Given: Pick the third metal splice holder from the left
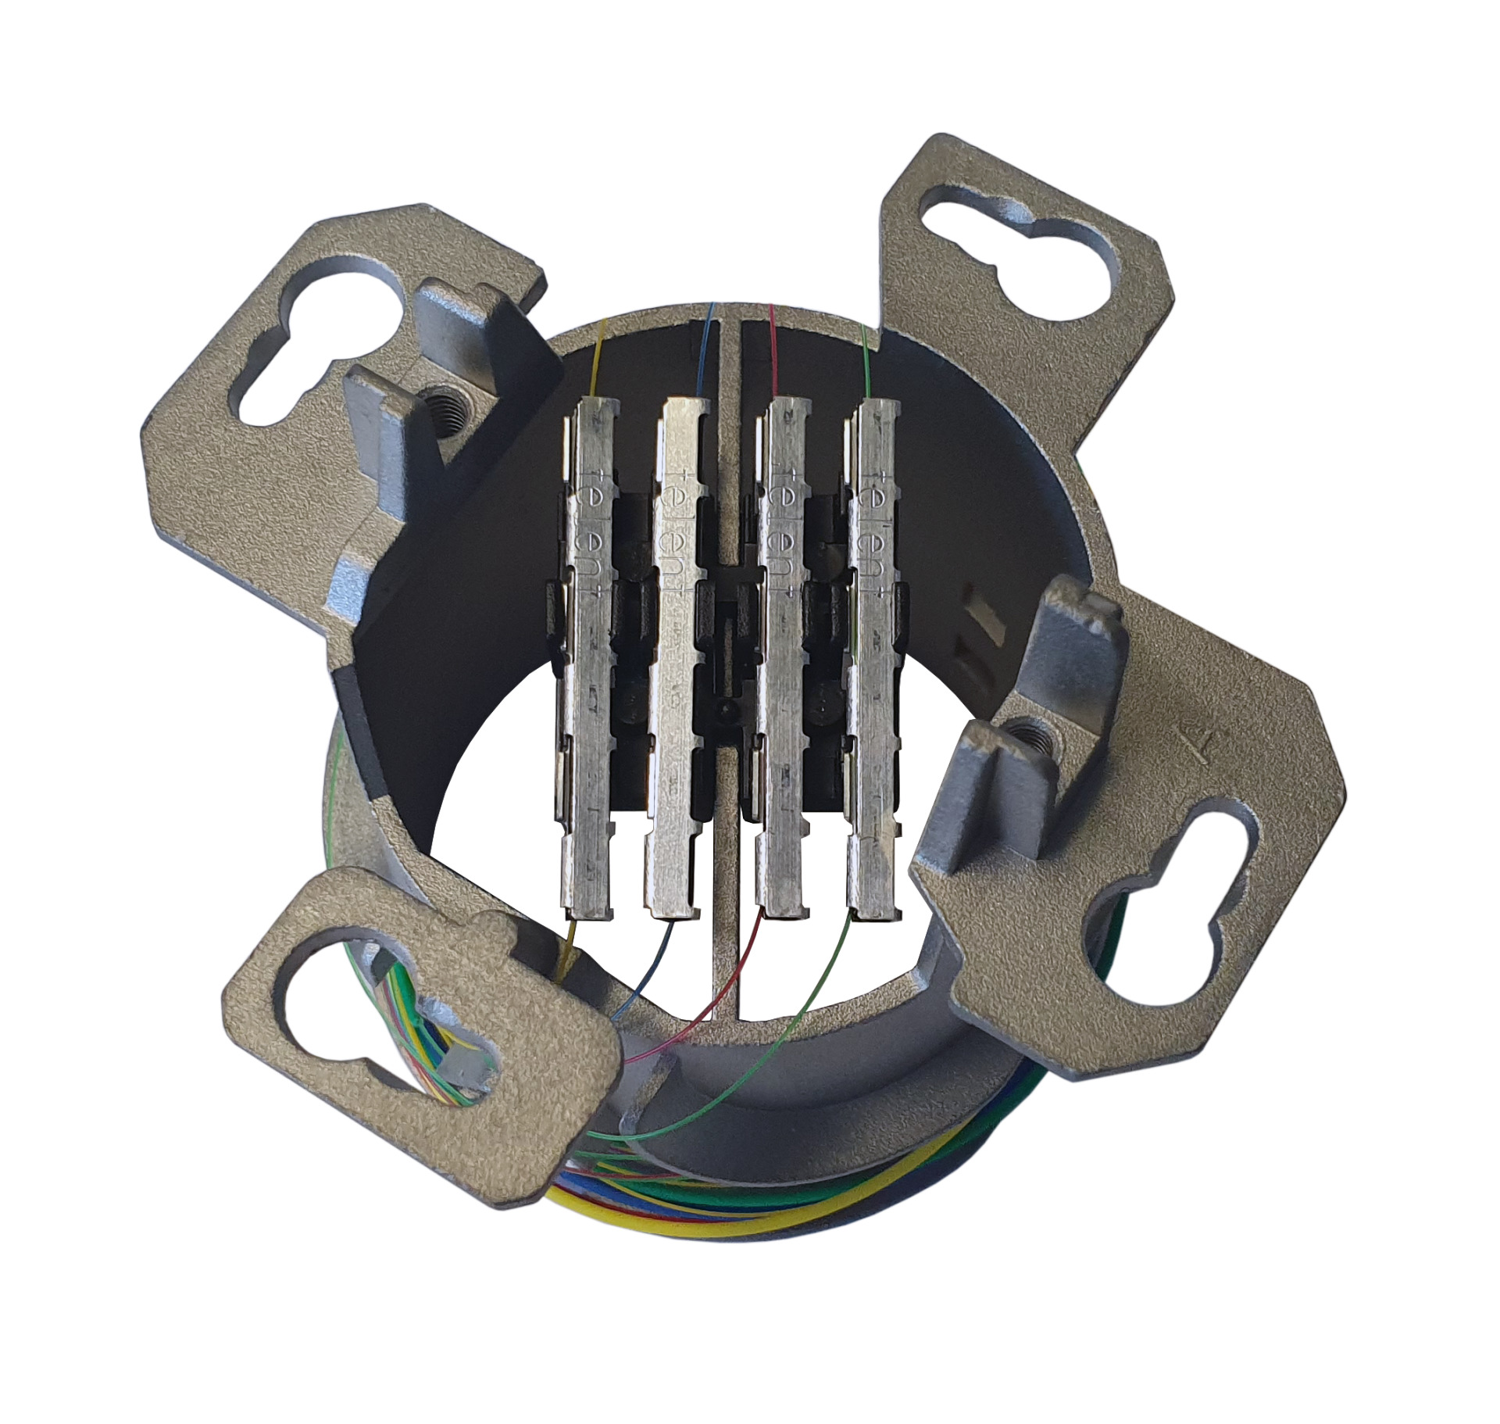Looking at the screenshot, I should pos(781,664).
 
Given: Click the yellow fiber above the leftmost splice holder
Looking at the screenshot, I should pos(598,360).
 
